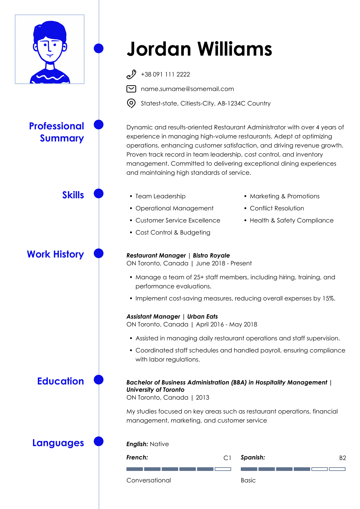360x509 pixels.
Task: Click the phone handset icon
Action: [131, 74]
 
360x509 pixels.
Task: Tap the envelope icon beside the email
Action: [131, 89]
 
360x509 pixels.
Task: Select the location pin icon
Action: [131, 103]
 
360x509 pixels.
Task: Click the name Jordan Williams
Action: [199, 49]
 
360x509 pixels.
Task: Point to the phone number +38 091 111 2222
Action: [165, 74]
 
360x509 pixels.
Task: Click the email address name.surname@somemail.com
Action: [187, 89]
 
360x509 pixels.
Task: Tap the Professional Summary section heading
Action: [57, 132]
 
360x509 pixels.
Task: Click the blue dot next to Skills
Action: [99, 193]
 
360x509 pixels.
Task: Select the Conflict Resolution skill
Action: [277, 208]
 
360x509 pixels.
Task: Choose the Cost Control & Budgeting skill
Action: [173, 232]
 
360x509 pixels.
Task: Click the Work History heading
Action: [55, 254]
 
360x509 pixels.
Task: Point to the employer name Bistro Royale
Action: [211, 255]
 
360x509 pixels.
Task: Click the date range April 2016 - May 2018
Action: [226, 324]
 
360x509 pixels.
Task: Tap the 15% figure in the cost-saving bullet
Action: [329, 298]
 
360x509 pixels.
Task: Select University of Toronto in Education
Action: [155, 390]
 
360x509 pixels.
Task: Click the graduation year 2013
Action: [202, 397]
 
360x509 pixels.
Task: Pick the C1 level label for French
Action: [227, 458]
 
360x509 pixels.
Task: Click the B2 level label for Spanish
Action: [342, 458]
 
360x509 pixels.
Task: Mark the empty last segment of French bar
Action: [223, 469]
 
